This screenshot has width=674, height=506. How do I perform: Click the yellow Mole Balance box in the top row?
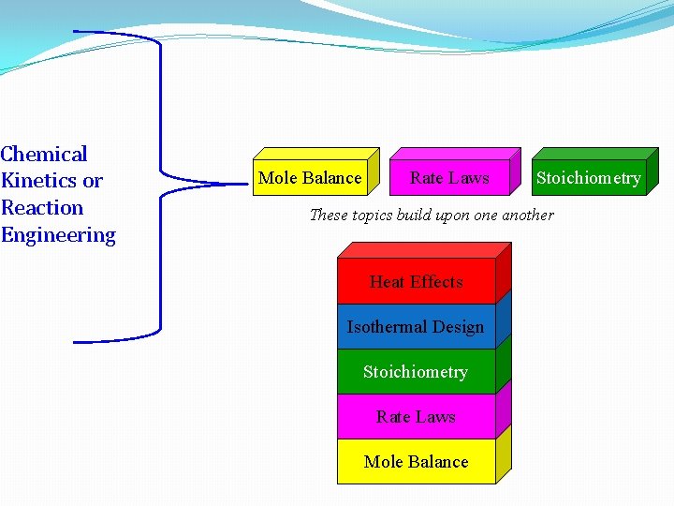(310, 178)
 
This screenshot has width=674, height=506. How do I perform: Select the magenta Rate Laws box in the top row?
(449, 178)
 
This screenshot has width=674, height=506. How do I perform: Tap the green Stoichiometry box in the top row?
(588, 178)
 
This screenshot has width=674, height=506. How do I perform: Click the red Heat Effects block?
(416, 282)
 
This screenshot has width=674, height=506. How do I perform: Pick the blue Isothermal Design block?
(416, 327)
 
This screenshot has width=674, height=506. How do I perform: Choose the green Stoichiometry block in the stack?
(416, 372)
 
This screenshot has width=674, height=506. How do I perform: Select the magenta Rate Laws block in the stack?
(416, 417)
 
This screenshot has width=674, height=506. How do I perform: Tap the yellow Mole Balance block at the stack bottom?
(416, 462)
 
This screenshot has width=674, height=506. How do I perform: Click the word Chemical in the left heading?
(44, 155)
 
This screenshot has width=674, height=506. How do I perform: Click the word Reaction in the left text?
(42, 208)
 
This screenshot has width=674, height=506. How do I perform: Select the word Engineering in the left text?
(58, 235)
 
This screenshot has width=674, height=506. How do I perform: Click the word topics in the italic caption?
(374, 216)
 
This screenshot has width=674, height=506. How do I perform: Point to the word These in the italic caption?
(329, 216)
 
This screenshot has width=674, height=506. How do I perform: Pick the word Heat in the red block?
(387, 282)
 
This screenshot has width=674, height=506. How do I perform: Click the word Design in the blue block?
(460, 327)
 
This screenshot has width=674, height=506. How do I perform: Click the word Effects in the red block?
(435, 282)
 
